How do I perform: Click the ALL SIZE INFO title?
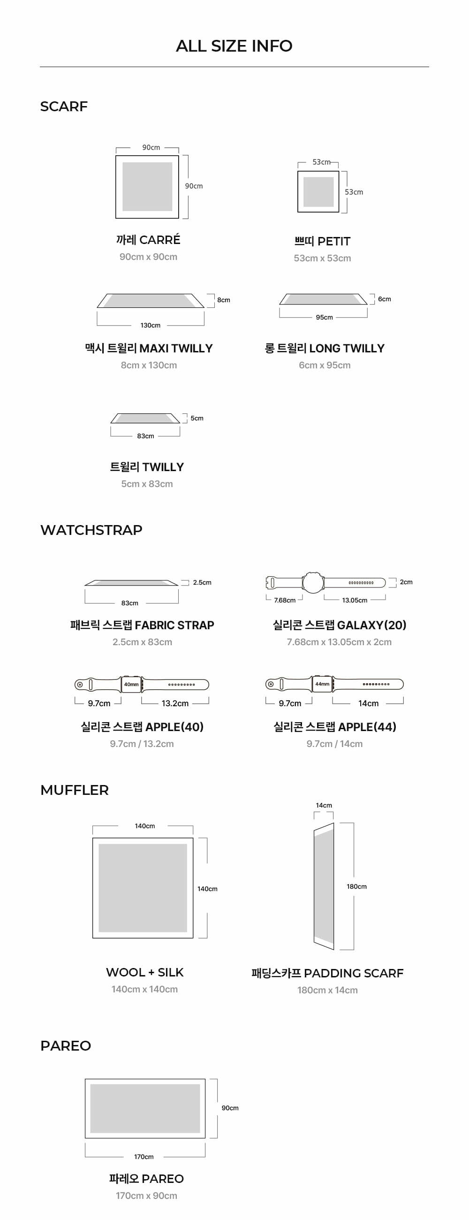point(234,46)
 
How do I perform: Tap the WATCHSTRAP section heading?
point(91,530)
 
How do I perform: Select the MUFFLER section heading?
point(74,790)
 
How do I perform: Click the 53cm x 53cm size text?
point(322,258)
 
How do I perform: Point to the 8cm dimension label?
point(223,300)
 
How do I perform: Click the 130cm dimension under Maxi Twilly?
point(150,325)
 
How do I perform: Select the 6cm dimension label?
point(384,299)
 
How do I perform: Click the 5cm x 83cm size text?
point(147,484)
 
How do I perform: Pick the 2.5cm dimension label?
point(202,582)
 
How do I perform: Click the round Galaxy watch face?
point(313,582)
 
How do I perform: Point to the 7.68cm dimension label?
point(284,600)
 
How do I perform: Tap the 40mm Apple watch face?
point(131,684)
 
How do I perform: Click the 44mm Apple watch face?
point(322,684)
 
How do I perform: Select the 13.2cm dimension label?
point(174,703)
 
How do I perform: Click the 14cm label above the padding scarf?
point(324,805)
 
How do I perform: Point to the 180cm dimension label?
point(356,886)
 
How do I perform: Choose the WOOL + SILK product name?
point(144,972)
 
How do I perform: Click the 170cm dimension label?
point(144,1157)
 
